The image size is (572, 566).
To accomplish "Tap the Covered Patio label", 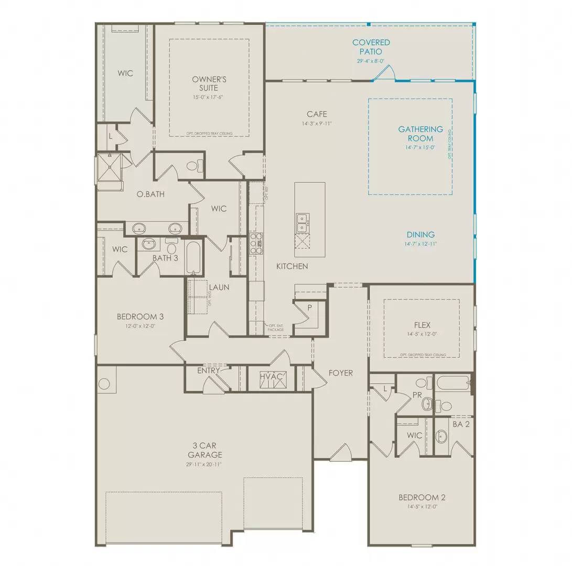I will (371, 47).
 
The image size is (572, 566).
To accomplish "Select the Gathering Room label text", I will (420, 134).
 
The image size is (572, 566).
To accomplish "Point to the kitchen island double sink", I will (302, 223).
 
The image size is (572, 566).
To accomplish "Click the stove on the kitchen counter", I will (255, 244).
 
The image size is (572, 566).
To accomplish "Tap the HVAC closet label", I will (272, 376).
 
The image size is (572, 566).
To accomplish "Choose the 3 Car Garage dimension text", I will (204, 464).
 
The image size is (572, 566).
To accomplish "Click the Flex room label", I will (422, 325).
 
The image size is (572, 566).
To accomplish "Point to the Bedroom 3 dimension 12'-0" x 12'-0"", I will (140, 326).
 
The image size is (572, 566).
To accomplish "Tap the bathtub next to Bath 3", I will (192, 257).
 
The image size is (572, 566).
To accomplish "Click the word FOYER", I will (340, 373).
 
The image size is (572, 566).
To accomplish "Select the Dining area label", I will (420, 235).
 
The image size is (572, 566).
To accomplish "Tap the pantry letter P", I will (309, 308).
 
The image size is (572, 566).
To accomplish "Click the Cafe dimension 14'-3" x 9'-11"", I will (317, 124).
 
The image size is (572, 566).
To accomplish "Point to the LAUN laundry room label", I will (219, 287).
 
